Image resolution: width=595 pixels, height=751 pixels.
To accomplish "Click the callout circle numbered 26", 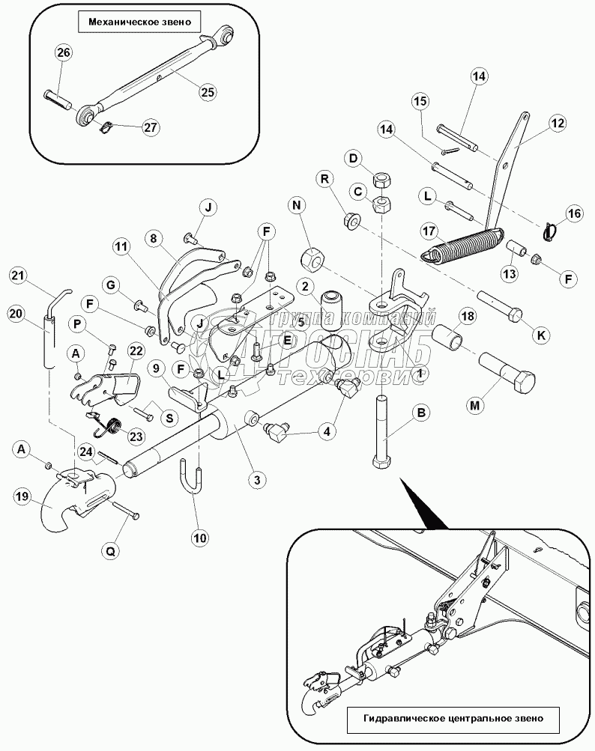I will pos(63,53).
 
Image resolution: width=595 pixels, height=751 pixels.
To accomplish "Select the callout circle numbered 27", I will pos(151,127).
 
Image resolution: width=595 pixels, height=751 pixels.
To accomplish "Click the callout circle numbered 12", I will pos(557,124).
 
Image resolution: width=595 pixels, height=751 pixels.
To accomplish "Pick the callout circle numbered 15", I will pos(420,101).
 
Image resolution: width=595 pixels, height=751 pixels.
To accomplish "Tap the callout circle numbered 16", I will pos(573,215).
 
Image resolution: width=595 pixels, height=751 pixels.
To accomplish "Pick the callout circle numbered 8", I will pos(153,240).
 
